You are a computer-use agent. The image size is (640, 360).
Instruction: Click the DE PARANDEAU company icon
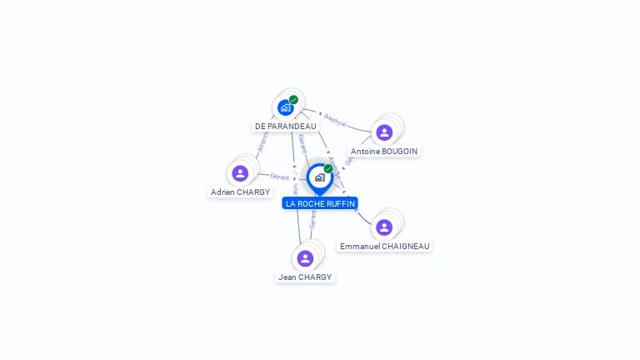click(285, 107)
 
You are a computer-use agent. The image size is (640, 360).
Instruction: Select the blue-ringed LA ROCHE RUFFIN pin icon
click(319, 177)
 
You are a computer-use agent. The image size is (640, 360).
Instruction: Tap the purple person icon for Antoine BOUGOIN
click(384, 132)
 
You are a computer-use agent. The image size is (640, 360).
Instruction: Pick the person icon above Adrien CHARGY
click(240, 173)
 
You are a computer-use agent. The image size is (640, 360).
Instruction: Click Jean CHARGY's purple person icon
click(305, 258)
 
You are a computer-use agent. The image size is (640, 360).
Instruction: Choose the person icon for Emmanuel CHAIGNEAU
click(384, 227)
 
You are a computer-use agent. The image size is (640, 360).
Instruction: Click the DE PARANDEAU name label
click(286, 126)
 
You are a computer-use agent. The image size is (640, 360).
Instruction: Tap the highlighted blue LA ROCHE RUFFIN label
click(320, 203)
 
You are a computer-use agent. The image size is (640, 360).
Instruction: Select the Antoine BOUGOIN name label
click(384, 151)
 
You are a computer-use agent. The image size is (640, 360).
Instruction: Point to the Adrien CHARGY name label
click(240, 192)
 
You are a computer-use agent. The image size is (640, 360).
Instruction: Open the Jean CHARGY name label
click(305, 277)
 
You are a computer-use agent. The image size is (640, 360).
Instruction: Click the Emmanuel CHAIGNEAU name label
click(384, 246)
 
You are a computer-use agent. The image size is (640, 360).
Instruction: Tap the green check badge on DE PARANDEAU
click(293, 100)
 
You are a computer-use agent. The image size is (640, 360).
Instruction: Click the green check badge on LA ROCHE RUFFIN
click(328, 168)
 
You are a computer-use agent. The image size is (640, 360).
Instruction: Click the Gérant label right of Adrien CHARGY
click(279, 177)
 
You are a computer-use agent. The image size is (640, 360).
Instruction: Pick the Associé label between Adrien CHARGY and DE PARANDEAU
click(262, 142)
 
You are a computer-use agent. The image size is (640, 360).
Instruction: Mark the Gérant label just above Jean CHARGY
click(312, 220)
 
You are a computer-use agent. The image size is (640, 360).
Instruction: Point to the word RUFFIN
click(340, 203)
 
